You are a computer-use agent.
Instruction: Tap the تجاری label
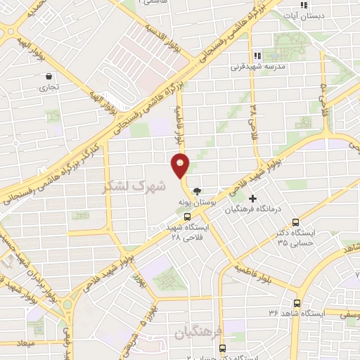(x=48, y=89)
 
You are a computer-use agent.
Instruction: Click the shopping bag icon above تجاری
(x=48, y=77)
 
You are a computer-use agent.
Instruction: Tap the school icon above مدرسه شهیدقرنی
(x=257, y=56)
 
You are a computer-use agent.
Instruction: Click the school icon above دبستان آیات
(x=303, y=5)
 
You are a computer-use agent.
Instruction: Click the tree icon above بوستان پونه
(x=197, y=191)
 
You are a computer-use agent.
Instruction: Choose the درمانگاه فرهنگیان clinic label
(x=252, y=210)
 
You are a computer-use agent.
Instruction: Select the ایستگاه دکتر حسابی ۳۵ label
(x=295, y=238)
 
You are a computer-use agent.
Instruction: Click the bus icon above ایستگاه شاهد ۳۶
(x=295, y=300)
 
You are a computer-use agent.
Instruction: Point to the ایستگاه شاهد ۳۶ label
(x=295, y=312)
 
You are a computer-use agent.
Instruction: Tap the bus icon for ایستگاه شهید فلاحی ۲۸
(x=186, y=216)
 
